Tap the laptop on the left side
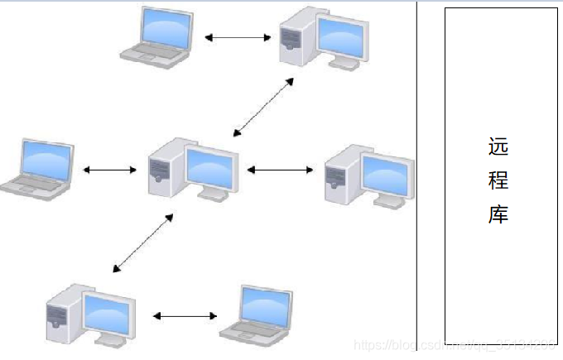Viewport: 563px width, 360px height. point(37,167)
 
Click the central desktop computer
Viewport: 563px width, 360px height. point(190,169)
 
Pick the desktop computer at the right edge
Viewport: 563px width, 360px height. point(368,175)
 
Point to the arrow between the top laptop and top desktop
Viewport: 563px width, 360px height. point(238,37)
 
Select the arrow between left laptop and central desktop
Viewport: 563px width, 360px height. point(110,170)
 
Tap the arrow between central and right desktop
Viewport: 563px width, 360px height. point(280,170)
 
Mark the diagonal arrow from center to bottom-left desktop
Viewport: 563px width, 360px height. point(143,242)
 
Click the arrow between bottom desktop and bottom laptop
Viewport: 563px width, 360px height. point(185,315)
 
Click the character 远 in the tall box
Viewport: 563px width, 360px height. point(498,147)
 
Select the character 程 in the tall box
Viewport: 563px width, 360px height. point(498,181)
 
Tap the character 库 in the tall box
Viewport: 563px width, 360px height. point(498,215)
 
